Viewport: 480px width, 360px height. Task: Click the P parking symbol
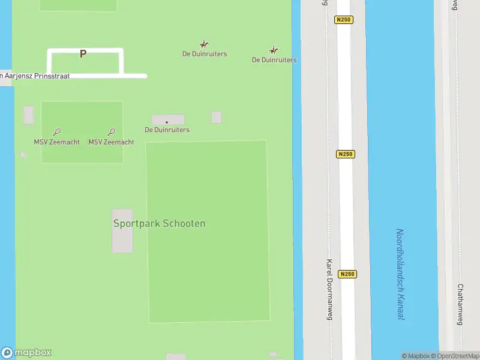[83, 54]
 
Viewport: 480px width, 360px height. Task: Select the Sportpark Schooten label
[159, 223]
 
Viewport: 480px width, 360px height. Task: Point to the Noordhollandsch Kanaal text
[400, 274]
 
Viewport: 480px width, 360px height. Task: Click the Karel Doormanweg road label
[329, 289]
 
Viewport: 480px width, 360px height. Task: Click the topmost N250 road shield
[344, 20]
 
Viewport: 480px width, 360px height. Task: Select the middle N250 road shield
[346, 154]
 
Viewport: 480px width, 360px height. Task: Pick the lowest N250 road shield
[347, 274]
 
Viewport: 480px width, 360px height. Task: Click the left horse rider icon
[204, 44]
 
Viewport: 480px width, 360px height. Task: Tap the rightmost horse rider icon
[274, 50]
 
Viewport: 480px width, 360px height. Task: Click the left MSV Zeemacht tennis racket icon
[56, 132]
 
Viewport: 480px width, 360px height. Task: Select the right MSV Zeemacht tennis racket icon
[112, 132]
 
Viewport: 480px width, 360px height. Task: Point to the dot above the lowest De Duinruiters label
[167, 122]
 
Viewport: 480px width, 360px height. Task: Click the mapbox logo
[26, 353]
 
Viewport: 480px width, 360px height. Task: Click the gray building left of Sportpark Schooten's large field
[122, 231]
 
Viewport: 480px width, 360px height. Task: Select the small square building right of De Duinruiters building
[216, 117]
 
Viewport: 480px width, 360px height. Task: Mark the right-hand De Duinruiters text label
[274, 60]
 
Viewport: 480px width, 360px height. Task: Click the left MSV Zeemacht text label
[56, 142]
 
